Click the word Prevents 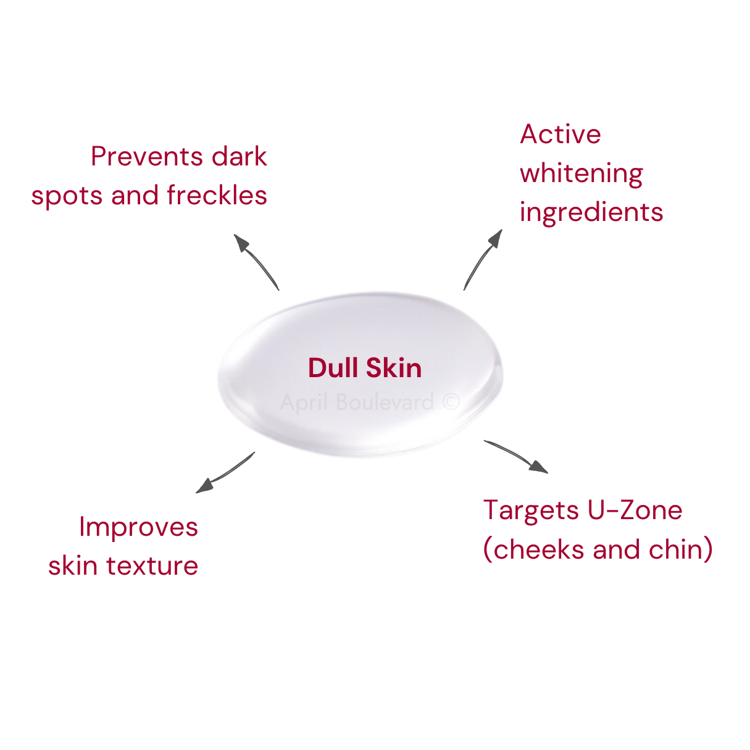(147, 156)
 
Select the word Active (560, 135)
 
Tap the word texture (152, 565)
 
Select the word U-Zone (635, 510)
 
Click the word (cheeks (533, 549)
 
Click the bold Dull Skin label (365, 367)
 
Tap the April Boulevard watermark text (357, 402)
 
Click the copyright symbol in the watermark (451, 401)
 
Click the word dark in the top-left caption (239, 156)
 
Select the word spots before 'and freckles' (67, 197)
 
